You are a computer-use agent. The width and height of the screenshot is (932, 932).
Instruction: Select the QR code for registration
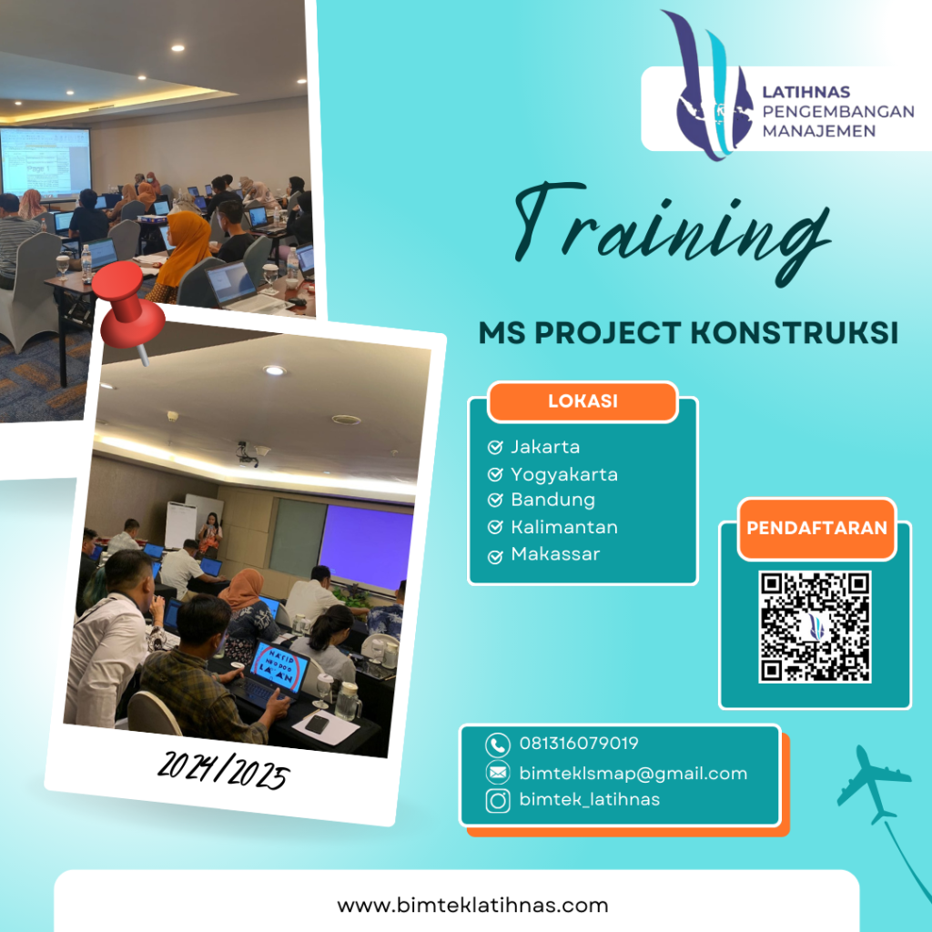pos(815,627)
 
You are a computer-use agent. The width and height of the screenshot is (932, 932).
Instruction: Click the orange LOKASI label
pos(582,401)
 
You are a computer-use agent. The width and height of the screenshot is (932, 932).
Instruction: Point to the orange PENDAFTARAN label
pos(816,528)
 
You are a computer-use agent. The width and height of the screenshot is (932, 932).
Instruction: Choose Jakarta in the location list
pos(545,447)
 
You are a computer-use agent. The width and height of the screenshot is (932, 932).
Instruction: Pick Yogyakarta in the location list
pos(564,474)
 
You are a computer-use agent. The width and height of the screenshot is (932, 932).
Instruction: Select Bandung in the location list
pos(552,500)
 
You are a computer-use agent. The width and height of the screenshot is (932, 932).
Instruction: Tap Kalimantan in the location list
pos(564,527)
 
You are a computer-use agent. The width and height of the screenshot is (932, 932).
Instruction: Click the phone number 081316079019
pos(579,744)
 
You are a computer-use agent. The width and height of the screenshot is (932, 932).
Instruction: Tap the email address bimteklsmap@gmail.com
pos(633,774)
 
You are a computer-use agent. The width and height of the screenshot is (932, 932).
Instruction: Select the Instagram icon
pos(498,801)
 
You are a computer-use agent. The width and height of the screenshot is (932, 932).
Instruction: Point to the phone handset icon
pos(498,745)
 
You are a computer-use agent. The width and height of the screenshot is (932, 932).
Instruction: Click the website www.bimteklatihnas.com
pos(472,906)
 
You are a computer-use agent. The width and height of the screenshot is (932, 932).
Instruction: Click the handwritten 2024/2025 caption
pos(222,774)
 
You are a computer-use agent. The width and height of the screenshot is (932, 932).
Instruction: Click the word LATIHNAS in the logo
pos(805,92)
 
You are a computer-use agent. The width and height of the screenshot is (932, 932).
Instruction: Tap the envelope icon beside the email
pos(498,774)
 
